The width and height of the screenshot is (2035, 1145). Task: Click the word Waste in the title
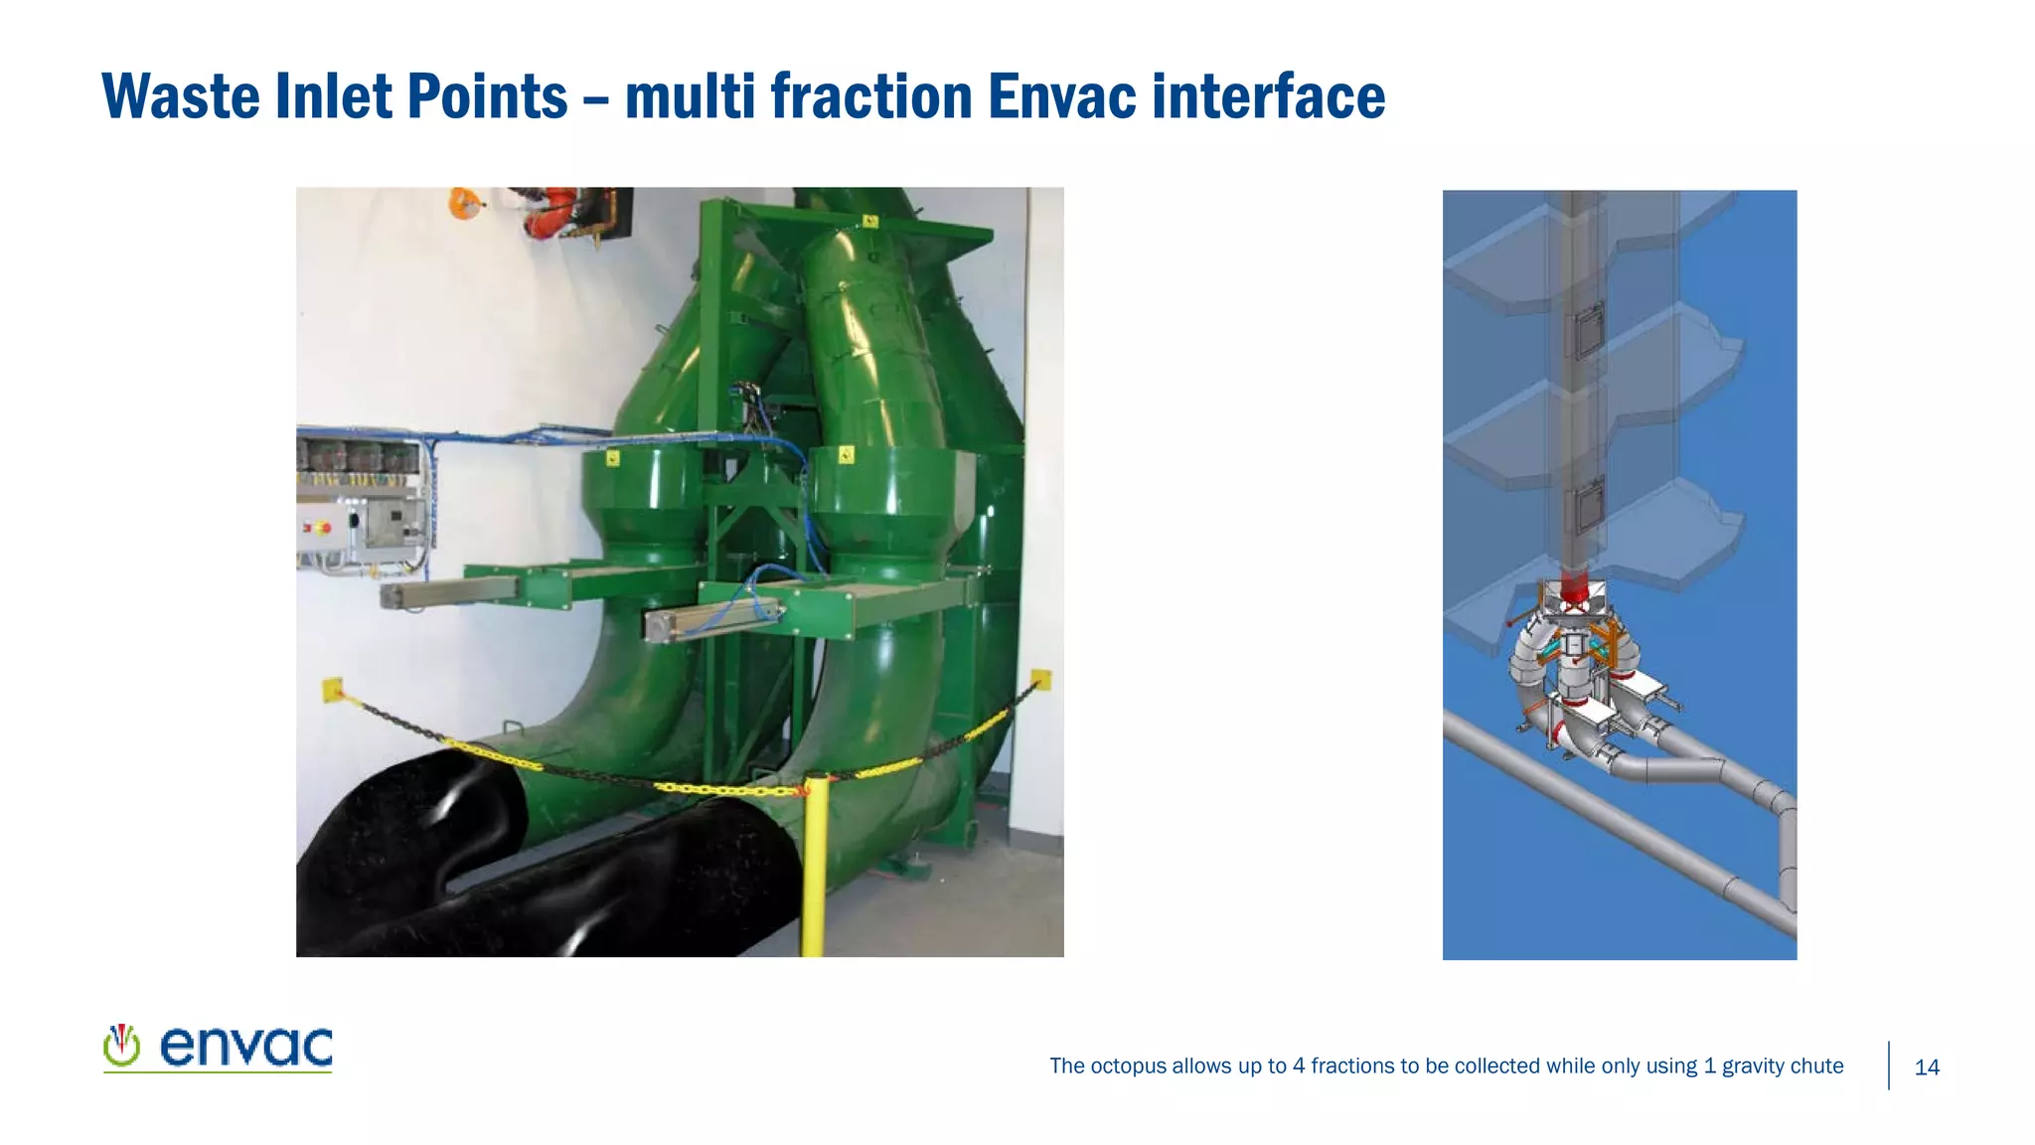tap(181, 96)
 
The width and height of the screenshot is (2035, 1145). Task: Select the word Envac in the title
tap(1060, 96)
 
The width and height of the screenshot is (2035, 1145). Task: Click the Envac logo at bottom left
tap(218, 1048)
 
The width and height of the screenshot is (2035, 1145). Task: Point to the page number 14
tap(1927, 1067)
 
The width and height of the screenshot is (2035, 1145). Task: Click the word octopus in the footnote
tap(1128, 1066)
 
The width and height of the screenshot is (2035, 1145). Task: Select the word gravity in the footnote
tap(1754, 1066)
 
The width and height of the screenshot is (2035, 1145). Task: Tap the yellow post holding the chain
tap(814, 865)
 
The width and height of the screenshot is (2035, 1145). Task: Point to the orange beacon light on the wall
tap(463, 204)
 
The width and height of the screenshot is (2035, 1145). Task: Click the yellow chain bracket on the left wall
tap(333, 689)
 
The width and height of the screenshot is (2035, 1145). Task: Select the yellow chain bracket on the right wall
tap(1040, 680)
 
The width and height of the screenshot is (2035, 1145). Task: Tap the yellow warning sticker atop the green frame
tap(870, 221)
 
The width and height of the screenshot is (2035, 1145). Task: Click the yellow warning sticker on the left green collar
tap(613, 458)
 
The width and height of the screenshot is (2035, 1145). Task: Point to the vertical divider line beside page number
tap(1889, 1065)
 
